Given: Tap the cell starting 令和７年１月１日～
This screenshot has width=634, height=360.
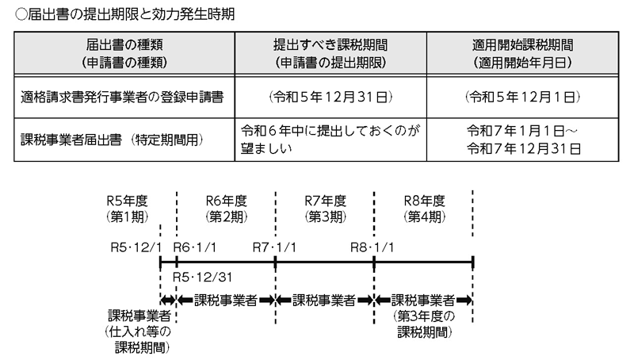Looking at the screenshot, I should tap(521, 140).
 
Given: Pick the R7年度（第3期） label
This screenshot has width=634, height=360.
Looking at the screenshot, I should tap(324, 208).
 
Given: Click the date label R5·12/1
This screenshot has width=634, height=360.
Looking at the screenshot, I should tap(135, 247).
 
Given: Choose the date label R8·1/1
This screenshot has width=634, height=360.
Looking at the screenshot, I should tap(372, 247).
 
